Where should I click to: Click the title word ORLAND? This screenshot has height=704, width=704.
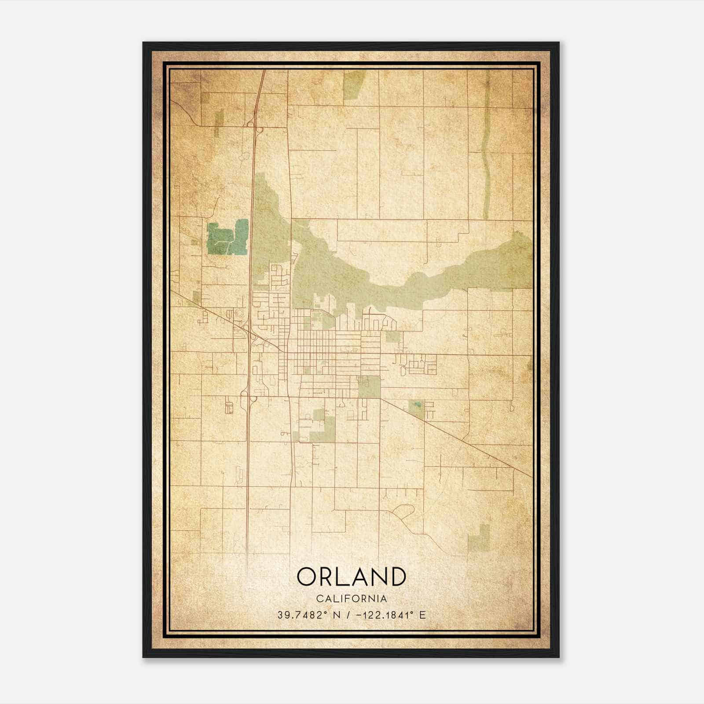[352, 576]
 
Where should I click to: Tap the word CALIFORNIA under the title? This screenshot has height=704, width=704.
[352, 599]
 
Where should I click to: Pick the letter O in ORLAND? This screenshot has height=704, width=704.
[308, 576]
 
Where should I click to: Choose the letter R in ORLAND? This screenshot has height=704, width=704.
[328, 576]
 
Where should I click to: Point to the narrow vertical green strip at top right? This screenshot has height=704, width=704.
[486, 145]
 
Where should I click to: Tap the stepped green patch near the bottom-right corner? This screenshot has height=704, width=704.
[480, 537]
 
